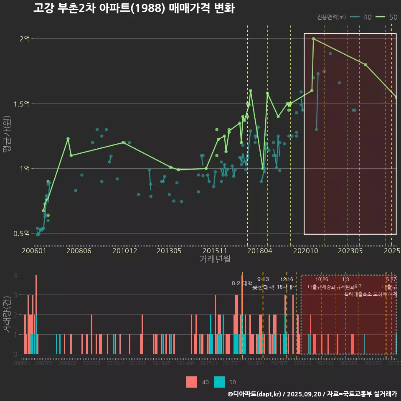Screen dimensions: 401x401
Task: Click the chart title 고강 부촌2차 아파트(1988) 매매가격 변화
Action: coord(134,8)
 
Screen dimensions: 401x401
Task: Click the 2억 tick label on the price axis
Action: coord(24,39)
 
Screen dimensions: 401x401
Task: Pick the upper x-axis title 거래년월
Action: coord(215,259)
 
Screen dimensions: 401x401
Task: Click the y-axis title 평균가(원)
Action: coord(7,136)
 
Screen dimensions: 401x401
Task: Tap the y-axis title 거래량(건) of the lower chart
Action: coord(7,315)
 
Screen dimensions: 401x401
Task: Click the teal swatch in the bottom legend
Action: coord(219,382)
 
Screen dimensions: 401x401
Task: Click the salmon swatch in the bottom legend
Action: coord(192,382)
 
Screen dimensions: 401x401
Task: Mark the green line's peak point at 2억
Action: coord(313,39)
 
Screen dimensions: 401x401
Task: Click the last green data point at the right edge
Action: coord(396,97)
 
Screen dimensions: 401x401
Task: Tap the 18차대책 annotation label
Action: coord(287,287)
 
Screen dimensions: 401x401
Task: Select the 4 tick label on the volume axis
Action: coord(15,275)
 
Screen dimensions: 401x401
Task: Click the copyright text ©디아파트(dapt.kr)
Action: coord(255,394)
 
